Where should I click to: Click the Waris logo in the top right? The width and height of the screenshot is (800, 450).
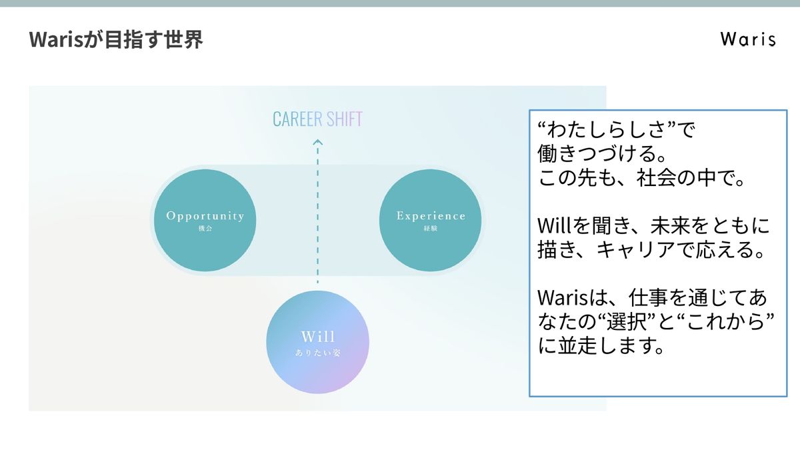(748, 39)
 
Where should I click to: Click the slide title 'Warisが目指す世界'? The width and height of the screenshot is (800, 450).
(116, 40)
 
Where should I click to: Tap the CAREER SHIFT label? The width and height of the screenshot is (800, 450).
(317, 120)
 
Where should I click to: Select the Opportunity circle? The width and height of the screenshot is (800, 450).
(205, 221)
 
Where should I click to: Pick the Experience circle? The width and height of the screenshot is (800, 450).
(430, 221)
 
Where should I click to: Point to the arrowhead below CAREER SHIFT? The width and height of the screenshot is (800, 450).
(317, 141)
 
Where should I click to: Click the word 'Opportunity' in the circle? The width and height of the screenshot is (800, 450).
(205, 216)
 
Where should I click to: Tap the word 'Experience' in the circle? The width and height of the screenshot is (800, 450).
(431, 216)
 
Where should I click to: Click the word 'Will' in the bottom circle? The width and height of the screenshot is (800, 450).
(317, 335)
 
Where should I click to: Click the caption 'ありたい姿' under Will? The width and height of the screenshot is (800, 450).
(317, 353)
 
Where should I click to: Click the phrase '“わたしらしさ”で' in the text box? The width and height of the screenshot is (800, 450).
(616, 129)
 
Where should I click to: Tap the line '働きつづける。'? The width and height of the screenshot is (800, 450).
(602, 155)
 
